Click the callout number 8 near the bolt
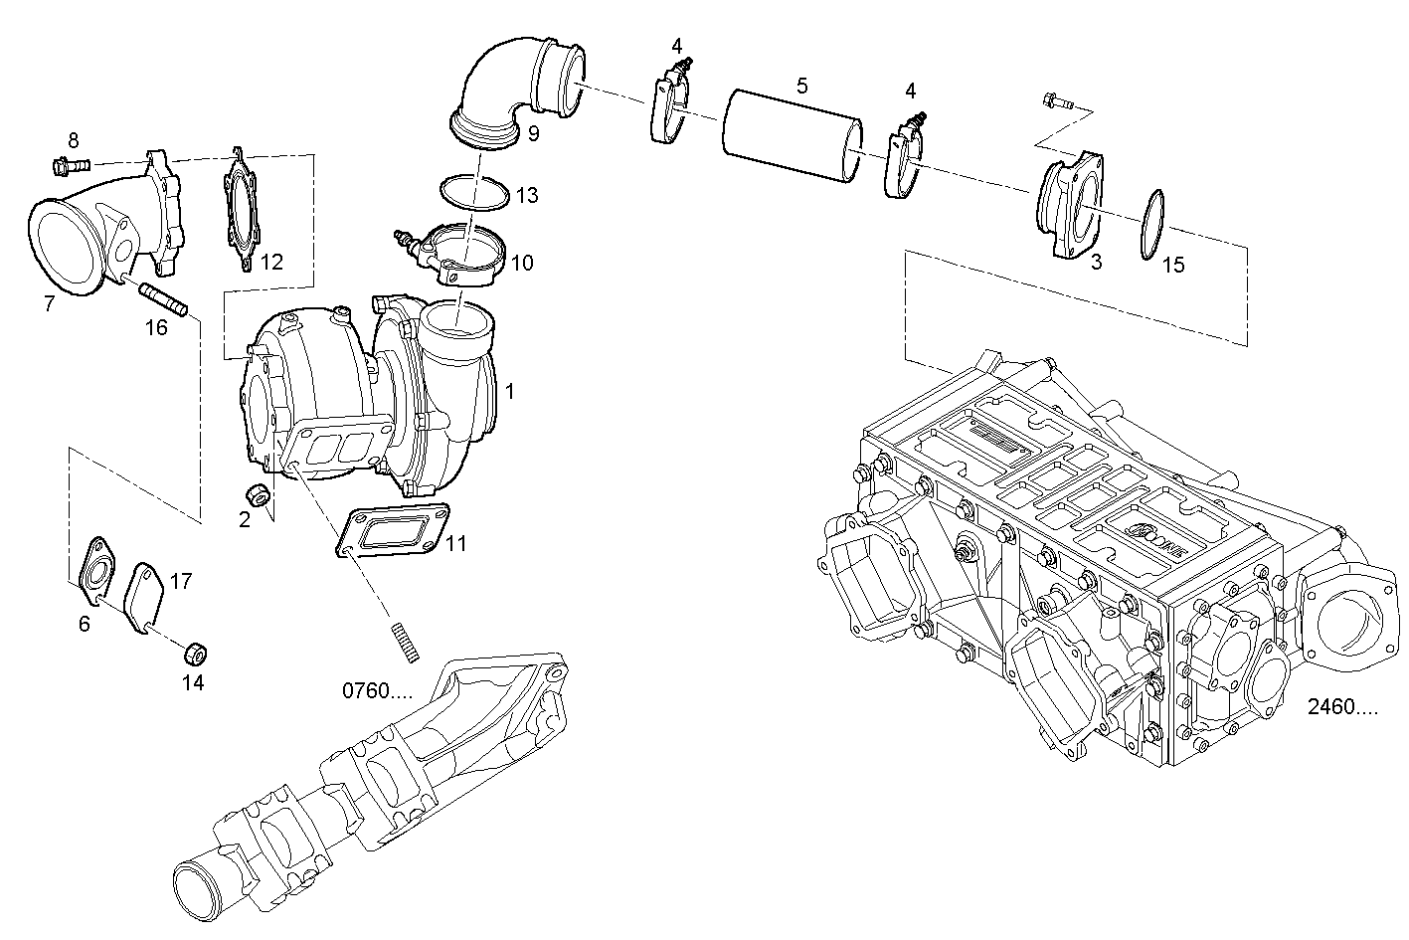73,139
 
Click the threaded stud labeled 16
165,299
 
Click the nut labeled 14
196,654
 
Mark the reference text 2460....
1342,708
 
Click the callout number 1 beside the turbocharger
510,392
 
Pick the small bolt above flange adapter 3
1058,99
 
